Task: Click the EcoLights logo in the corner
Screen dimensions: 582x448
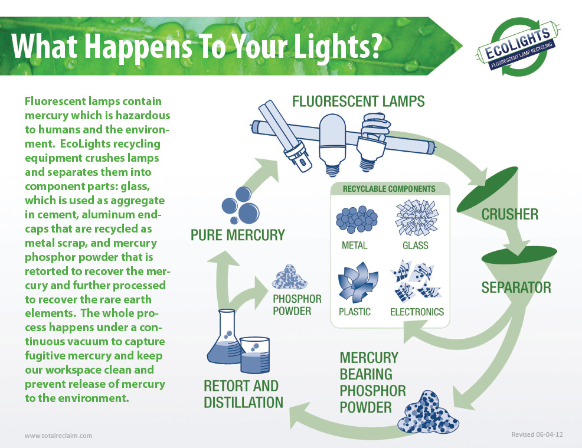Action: pyautogui.click(x=518, y=47)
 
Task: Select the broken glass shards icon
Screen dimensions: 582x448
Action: pyautogui.click(x=417, y=218)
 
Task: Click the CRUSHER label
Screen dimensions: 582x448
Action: pyautogui.click(x=509, y=214)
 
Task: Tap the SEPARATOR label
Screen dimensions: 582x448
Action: pyautogui.click(x=516, y=287)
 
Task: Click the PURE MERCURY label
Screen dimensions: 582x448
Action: pyautogui.click(x=237, y=235)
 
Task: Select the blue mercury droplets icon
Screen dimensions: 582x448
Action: pyautogui.click(x=240, y=205)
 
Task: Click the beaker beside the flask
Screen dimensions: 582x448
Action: pyautogui.click(x=254, y=355)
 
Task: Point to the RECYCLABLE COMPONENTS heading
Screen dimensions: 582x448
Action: pyautogui.click(x=389, y=189)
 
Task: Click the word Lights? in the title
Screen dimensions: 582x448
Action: pyautogui.click(x=338, y=47)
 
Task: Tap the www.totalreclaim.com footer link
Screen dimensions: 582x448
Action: pyautogui.click(x=58, y=436)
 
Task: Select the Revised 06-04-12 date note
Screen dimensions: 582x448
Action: pyautogui.click(x=537, y=434)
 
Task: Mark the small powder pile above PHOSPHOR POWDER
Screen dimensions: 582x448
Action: pyautogui.click(x=289, y=277)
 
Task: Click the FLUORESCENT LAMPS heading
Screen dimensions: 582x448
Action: pyautogui.click(x=358, y=102)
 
